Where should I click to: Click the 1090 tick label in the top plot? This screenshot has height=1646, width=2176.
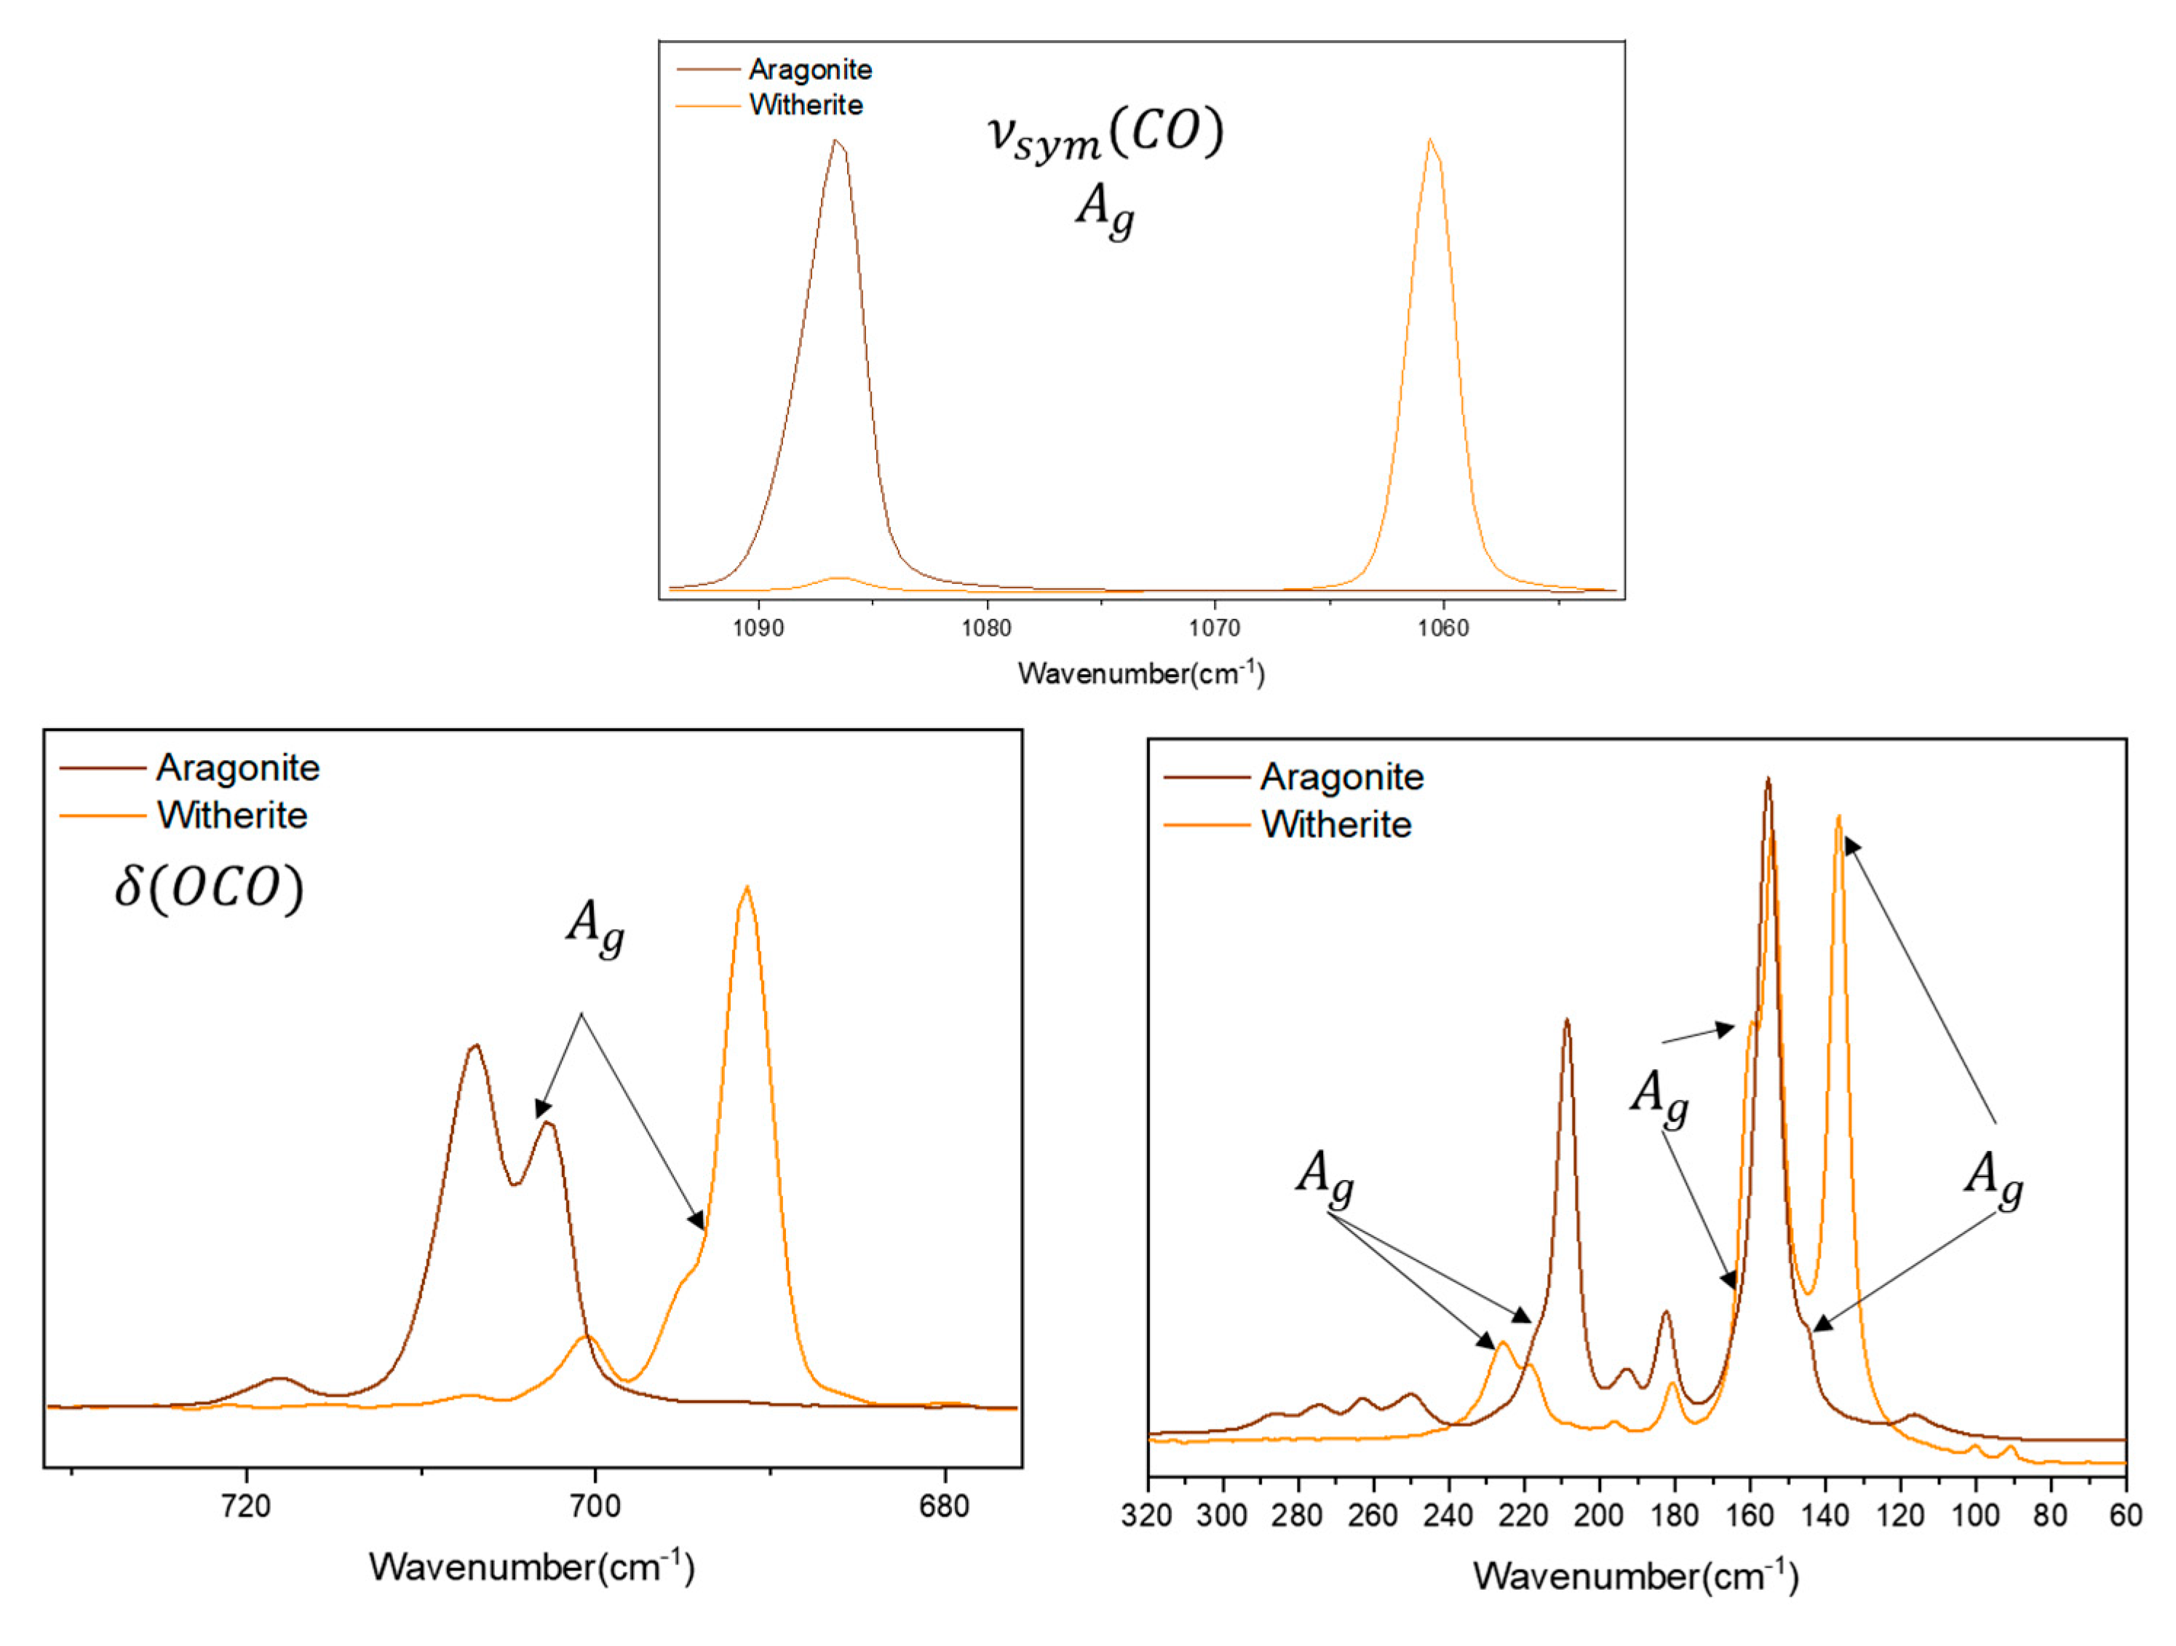point(758,628)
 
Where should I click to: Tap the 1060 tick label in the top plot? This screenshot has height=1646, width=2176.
point(1443,628)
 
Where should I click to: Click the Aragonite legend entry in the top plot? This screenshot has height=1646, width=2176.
point(809,70)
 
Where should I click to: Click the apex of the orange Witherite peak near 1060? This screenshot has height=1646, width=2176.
point(1429,140)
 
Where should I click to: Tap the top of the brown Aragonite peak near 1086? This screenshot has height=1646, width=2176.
point(835,141)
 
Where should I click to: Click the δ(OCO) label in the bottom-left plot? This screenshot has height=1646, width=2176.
point(209,888)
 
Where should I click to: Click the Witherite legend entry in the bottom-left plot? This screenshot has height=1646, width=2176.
point(232,815)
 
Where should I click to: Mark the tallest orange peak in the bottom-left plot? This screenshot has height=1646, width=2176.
point(747,887)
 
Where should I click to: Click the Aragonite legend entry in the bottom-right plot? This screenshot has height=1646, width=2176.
point(1342,778)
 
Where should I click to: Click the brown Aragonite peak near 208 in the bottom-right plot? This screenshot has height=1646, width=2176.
point(1566,1021)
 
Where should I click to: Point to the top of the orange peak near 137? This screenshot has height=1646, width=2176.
point(1838,817)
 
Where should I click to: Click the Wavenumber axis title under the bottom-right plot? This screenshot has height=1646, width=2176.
point(1635,1576)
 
